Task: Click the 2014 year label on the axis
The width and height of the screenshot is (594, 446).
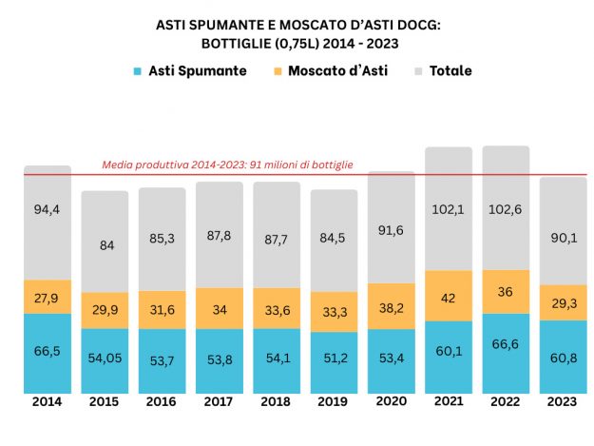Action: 47,403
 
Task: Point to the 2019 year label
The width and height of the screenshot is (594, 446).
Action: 334,403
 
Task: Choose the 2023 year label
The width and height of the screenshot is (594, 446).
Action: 563,403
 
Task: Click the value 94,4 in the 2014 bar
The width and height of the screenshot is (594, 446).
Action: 47,210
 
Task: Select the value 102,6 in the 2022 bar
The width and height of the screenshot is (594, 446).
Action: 506,210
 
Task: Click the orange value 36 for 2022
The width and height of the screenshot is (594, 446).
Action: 506,293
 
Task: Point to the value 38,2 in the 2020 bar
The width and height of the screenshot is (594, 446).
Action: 391,306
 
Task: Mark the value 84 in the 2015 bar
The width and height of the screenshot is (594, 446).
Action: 105,244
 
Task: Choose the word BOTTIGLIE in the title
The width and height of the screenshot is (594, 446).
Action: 236,43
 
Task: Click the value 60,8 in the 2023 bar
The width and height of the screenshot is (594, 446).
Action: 563,358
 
